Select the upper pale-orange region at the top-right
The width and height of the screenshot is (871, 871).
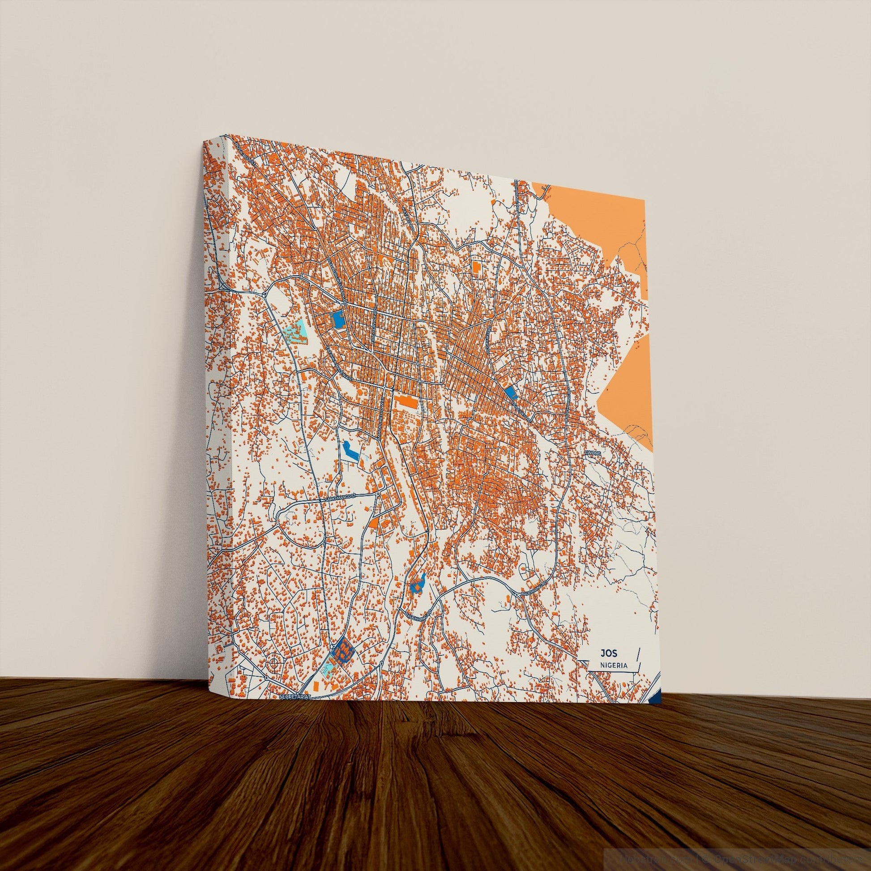pos(600,226)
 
